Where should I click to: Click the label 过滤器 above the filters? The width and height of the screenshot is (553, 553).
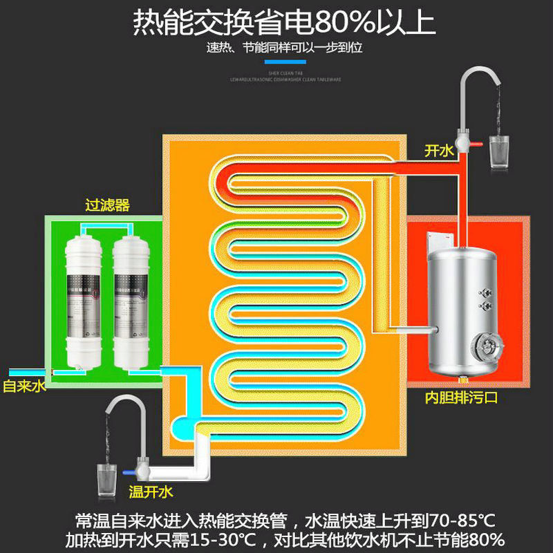(x=107, y=205)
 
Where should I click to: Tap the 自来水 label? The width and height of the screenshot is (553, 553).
(x=23, y=386)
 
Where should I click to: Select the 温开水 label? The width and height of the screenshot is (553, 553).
(x=151, y=491)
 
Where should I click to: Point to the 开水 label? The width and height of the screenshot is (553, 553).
(x=440, y=151)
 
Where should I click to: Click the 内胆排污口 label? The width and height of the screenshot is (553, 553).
(x=461, y=398)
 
